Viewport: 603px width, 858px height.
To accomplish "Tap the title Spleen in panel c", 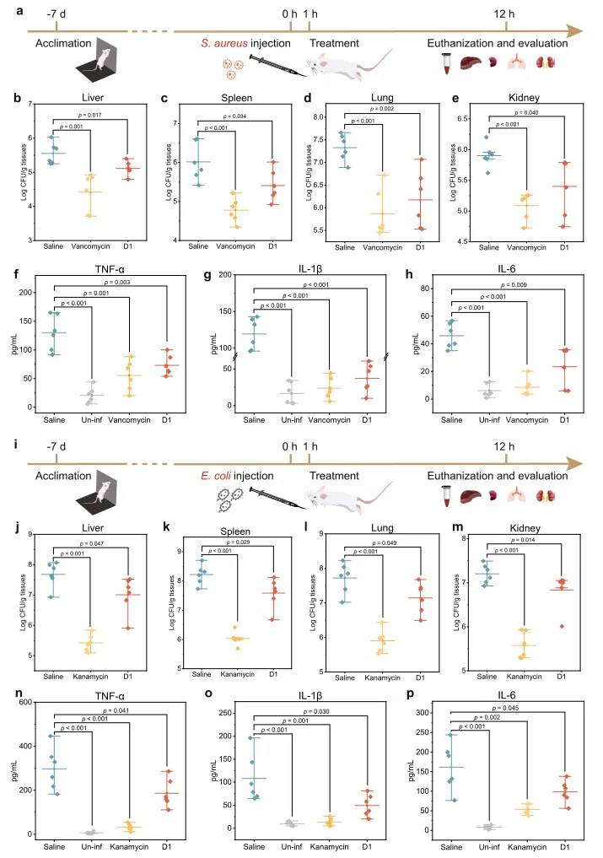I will pyautogui.click(x=213, y=97).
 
